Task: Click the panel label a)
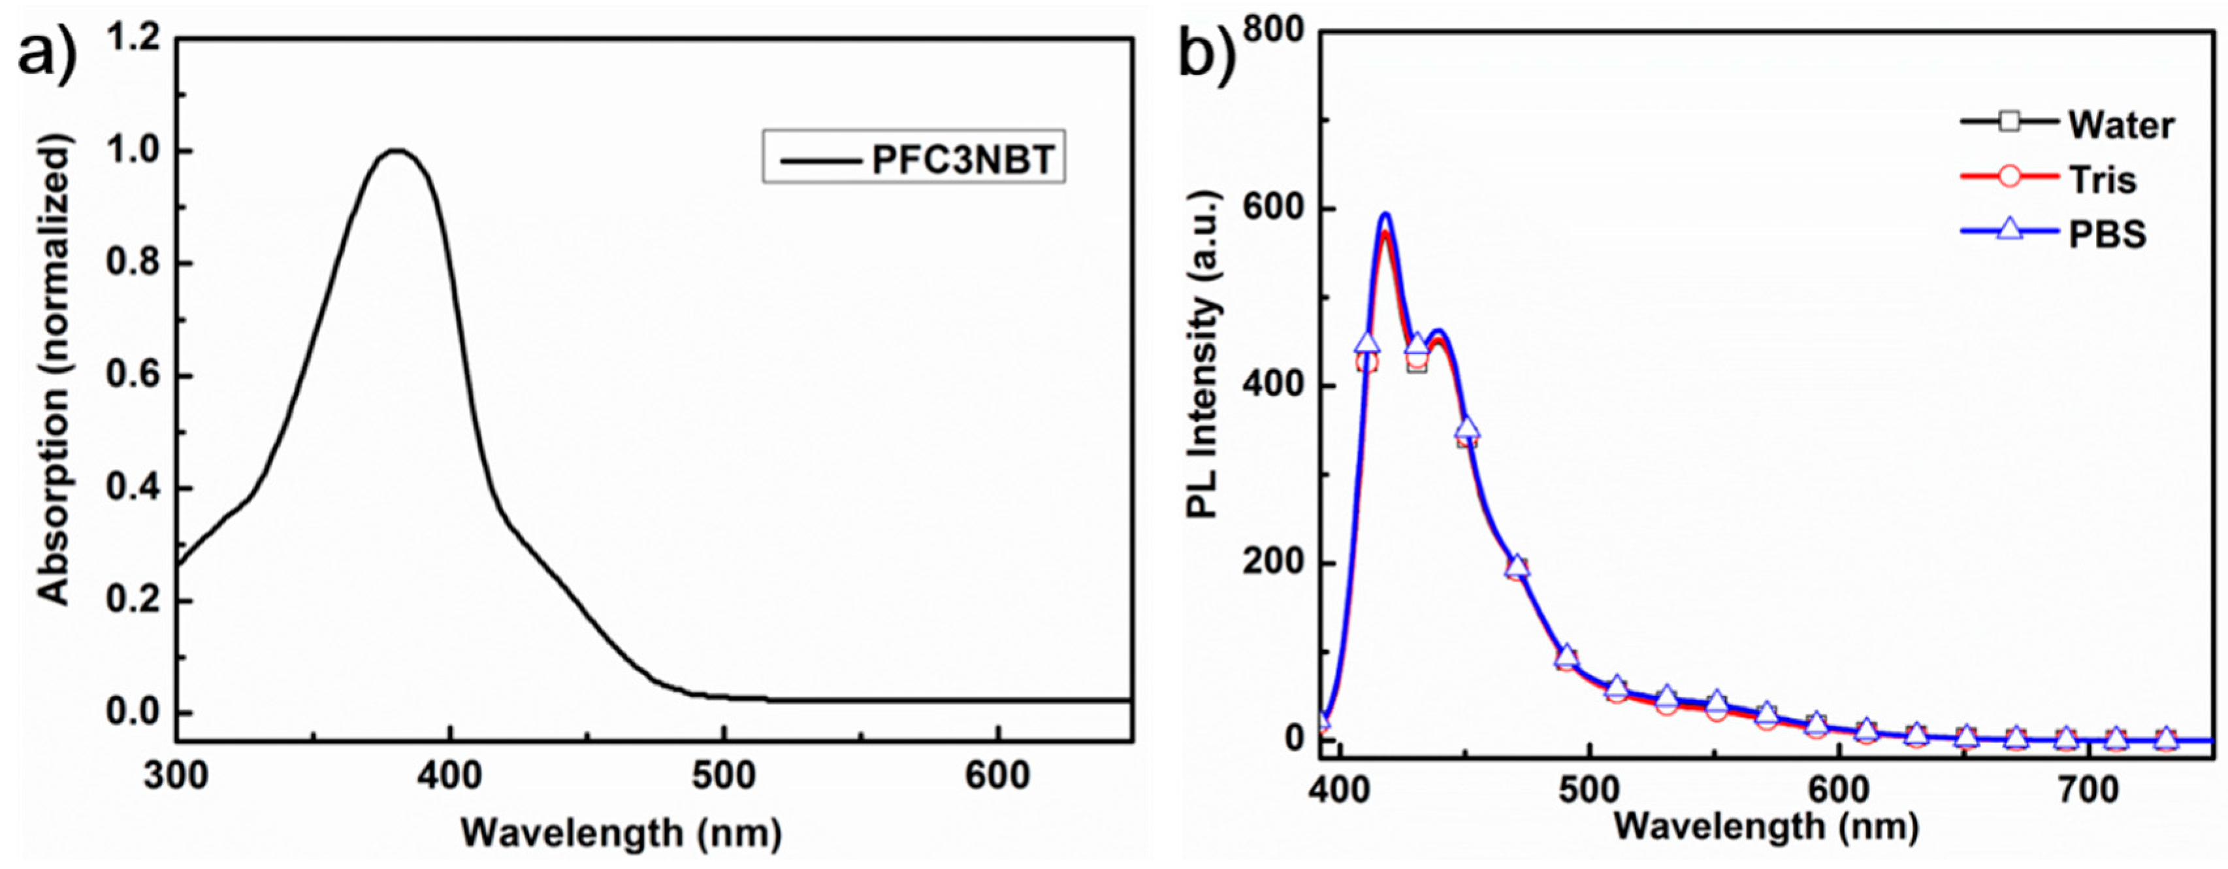tap(48, 56)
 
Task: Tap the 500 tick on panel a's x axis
tap(723, 776)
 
